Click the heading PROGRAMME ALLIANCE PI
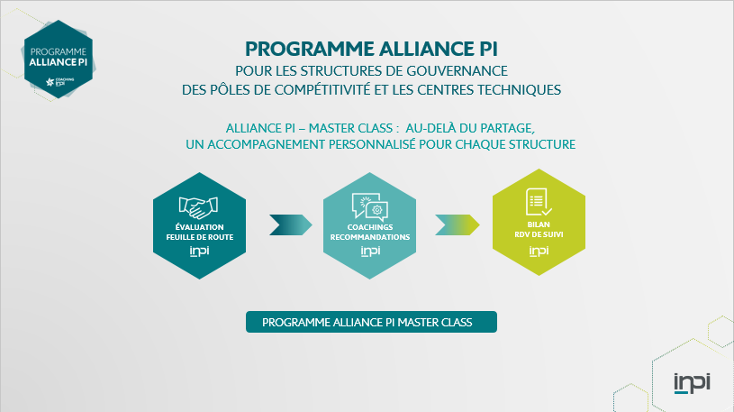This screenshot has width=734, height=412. tap(371, 47)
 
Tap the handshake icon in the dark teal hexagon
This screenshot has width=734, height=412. tap(199, 206)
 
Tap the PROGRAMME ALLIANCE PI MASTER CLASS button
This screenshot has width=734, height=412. tap(371, 322)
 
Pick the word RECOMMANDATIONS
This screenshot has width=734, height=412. tap(370, 236)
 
